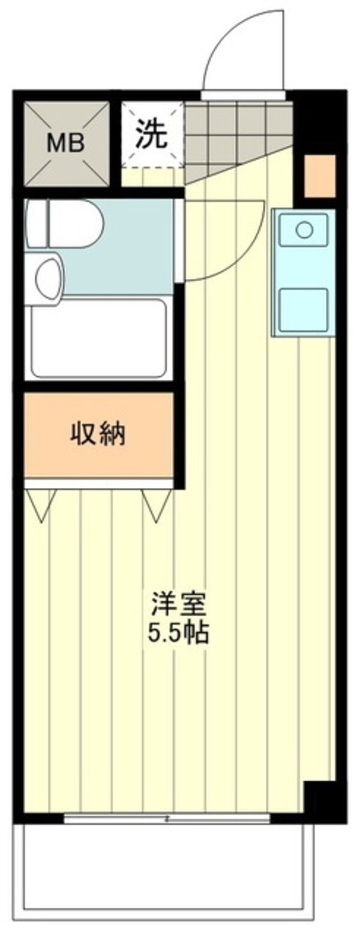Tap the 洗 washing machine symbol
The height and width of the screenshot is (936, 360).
151,134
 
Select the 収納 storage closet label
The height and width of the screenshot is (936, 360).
98,433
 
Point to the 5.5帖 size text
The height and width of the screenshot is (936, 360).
178,633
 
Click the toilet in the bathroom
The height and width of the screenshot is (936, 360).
65,224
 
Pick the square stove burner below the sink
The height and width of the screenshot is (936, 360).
304,309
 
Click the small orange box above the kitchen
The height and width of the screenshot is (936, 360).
320,176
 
